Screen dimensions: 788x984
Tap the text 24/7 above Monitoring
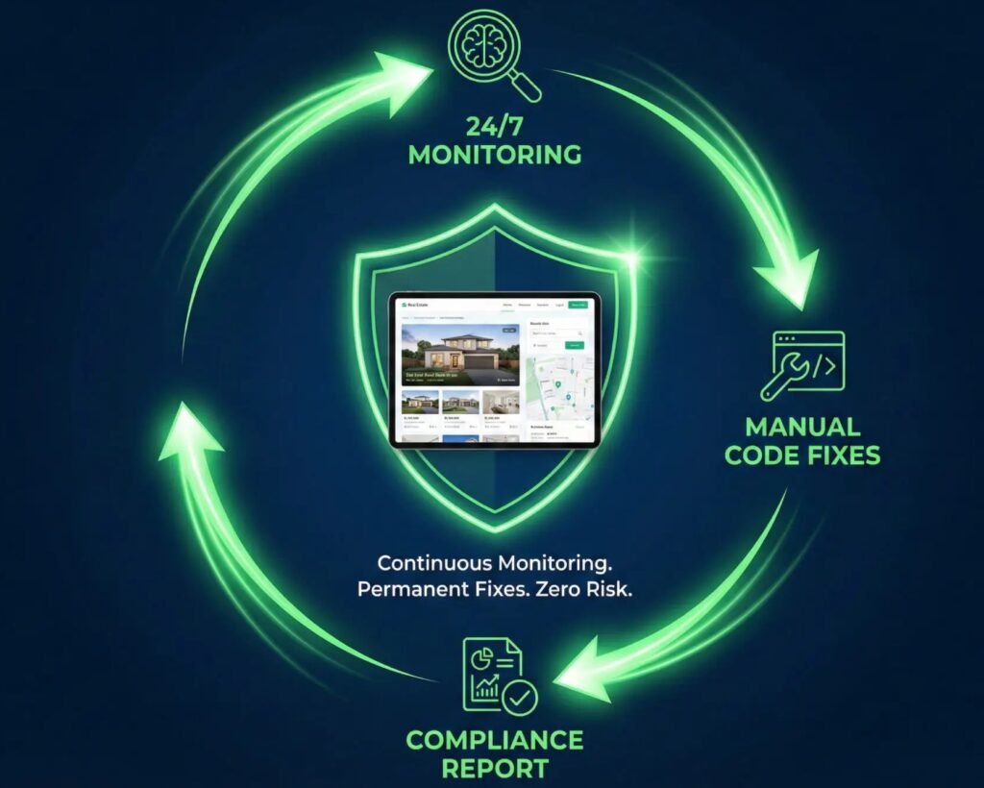click(x=495, y=125)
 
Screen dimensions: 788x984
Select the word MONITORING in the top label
click(x=495, y=154)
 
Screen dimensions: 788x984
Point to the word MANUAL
click(x=802, y=427)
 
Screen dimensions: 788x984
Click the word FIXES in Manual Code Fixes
click(x=842, y=455)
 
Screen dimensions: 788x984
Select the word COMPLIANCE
click(x=495, y=740)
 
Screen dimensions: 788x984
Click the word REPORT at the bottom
click(x=495, y=769)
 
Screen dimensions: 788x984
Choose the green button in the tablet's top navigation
click(x=578, y=305)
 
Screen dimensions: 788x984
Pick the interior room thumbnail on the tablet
click(x=500, y=402)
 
